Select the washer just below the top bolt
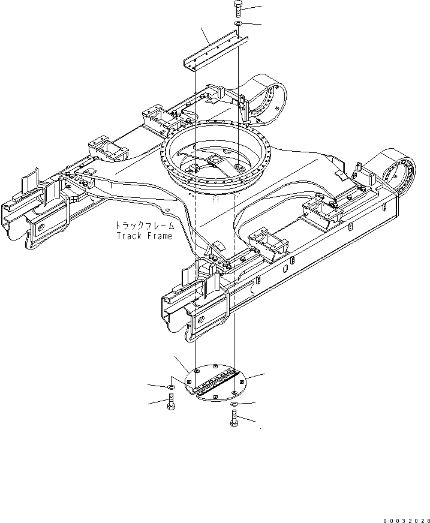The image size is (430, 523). click(239, 23)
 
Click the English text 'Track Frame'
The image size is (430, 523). click(145, 236)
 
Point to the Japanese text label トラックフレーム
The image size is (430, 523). click(145, 226)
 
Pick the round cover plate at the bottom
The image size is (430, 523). click(215, 383)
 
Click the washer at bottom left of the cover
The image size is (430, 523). click(171, 387)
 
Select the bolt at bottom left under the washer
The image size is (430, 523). click(171, 401)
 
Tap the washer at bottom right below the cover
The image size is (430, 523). click(234, 404)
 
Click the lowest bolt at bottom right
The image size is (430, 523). click(234, 419)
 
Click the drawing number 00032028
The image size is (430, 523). click(407, 521)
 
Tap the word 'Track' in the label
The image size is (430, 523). click(130, 236)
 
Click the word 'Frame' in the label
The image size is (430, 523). click(161, 236)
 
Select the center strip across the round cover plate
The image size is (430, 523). click(215, 383)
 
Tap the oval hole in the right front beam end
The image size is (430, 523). click(200, 320)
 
